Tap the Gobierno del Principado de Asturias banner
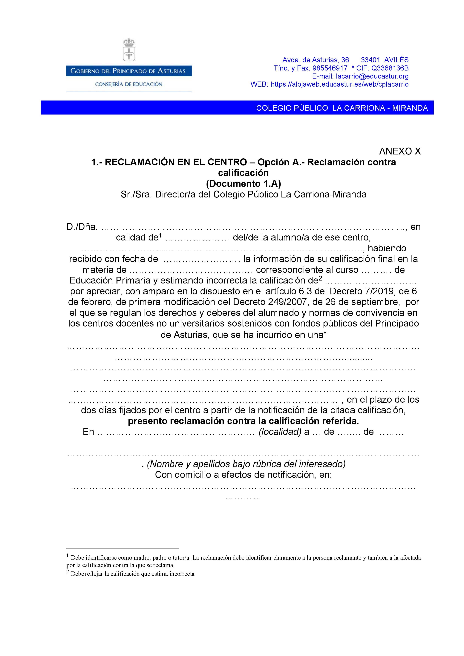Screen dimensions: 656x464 pos(129,71)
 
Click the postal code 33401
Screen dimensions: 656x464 pos(370,60)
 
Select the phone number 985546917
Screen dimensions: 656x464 pos(330,68)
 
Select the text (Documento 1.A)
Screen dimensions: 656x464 pos(244,183)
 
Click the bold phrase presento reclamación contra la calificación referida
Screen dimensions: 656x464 pos(244,421)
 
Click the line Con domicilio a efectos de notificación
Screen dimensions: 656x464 pos(244,475)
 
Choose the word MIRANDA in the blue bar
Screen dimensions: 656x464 pos(410,108)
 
